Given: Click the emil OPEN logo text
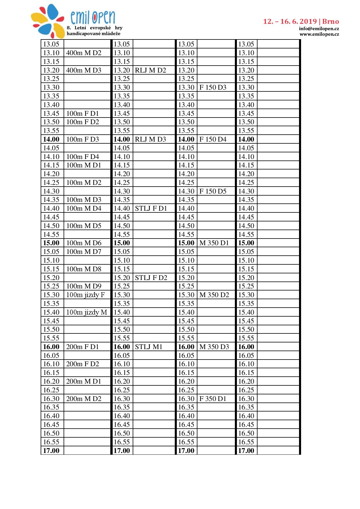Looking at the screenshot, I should click(93, 17).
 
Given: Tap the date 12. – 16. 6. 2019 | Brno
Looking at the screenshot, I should click(301, 21).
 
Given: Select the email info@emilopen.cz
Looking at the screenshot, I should click(319, 29).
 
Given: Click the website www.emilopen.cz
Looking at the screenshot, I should click(319, 34).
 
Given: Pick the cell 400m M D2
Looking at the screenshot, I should click(84, 53).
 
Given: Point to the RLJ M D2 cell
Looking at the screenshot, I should click(150, 70).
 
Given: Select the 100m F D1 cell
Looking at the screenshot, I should click(82, 113).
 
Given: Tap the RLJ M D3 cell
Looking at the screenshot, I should click(150, 139).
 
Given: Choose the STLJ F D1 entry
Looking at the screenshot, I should click(151, 208).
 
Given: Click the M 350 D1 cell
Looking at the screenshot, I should click(214, 243).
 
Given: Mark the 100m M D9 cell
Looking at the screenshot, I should click(84, 286).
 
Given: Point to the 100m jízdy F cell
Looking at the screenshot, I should click(85, 295).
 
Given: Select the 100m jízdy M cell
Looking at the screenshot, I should click(87, 312).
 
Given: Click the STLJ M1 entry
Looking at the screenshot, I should click(149, 347).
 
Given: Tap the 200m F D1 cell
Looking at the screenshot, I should click(82, 347).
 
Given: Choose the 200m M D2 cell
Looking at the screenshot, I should click(84, 399).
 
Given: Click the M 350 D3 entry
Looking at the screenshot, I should click(214, 347).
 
